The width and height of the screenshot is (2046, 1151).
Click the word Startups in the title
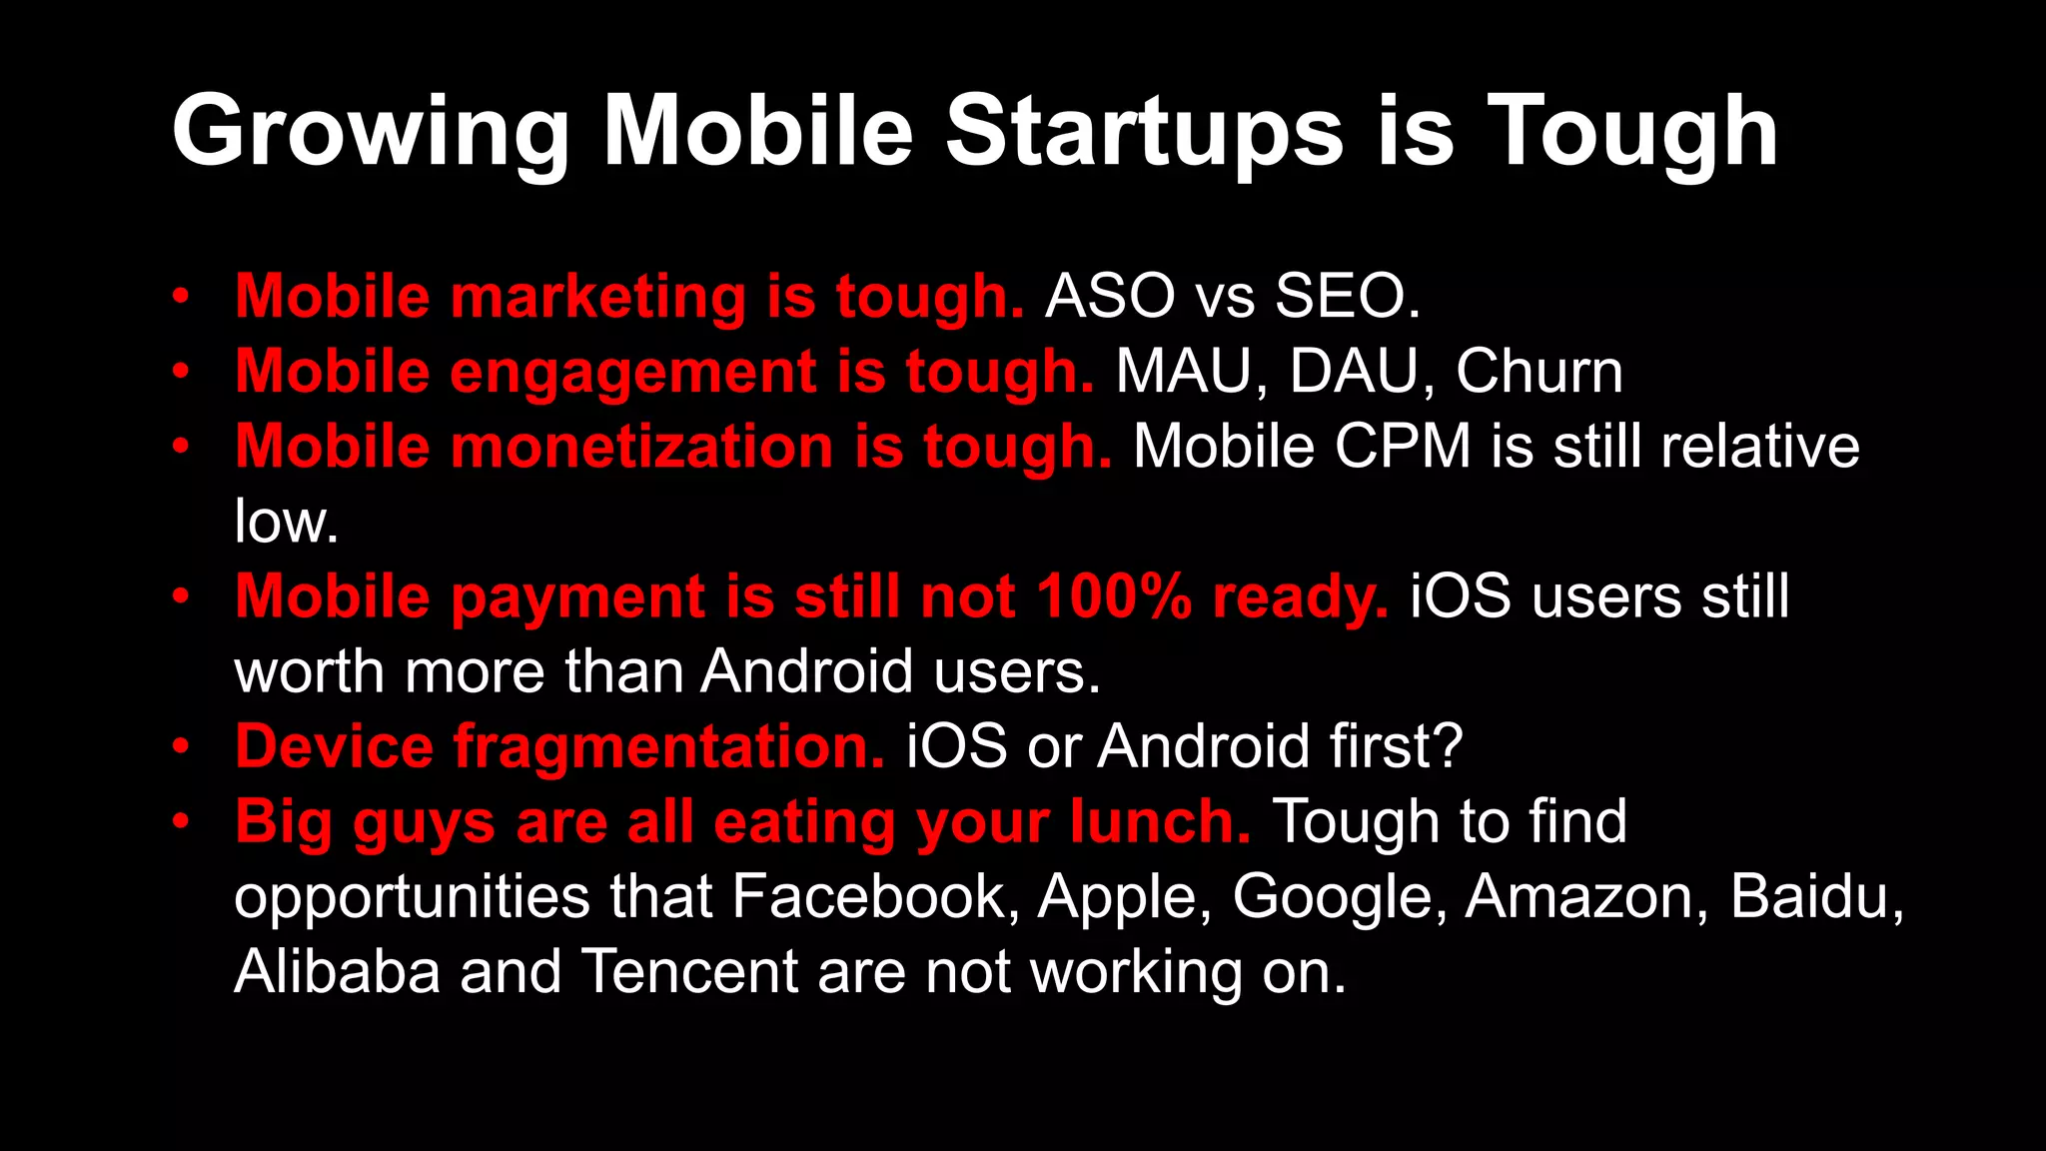coord(1144,132)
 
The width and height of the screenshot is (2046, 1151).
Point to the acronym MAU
coord(1183,372)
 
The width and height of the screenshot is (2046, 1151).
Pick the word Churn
coord(1538,372)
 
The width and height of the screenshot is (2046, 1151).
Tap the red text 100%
coord(1114,596)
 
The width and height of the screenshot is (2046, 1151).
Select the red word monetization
coord(641,447)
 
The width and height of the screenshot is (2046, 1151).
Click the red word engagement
coord(633,372)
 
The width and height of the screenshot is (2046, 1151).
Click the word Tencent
coord(689,971)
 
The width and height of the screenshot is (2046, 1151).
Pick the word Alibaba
coord(337,971)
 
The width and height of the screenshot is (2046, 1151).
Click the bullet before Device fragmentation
coord(180,746)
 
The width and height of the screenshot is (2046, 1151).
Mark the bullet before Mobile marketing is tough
coord(180,297)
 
